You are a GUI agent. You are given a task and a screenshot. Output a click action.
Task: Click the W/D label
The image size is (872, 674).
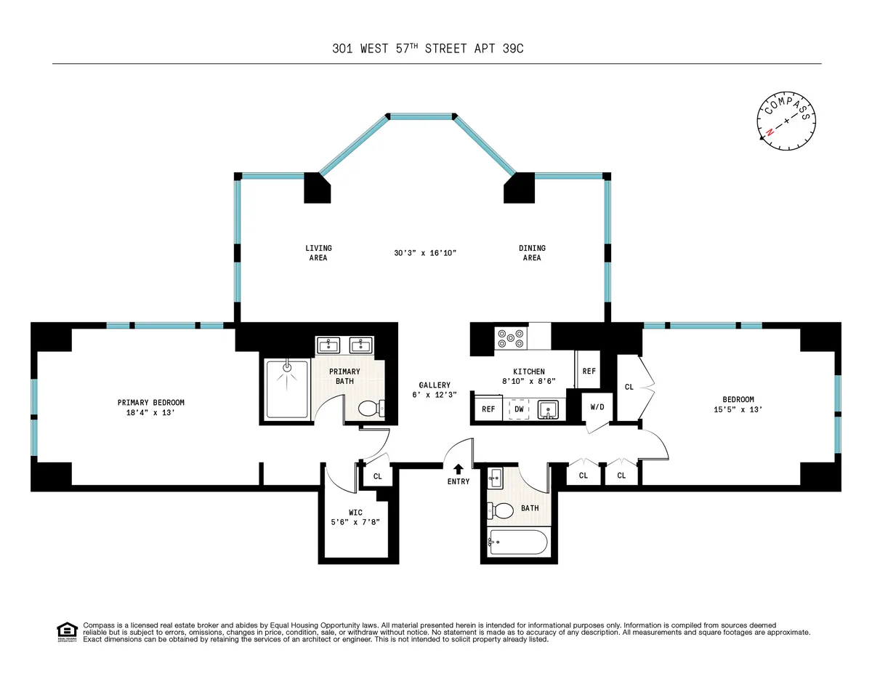click(597, 407)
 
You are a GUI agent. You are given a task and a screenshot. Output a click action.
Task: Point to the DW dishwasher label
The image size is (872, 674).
click(519, 409)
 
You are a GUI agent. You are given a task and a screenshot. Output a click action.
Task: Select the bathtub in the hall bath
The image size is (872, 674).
click(518, 542)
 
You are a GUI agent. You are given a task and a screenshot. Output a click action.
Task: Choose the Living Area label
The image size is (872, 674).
click(318, 253)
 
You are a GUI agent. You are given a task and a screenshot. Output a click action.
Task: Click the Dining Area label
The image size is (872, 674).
click(532, 253)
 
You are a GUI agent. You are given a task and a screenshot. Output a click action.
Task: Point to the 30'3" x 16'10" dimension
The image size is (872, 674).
click(424, 253)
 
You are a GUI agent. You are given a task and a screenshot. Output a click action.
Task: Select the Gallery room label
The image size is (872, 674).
click(435, 390)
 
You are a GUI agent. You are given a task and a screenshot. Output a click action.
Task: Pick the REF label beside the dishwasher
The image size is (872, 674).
click(488, 409)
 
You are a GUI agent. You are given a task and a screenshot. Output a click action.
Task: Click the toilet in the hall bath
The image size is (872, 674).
click(501, 510)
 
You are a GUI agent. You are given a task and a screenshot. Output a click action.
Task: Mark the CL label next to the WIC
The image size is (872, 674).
click(378, 477)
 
